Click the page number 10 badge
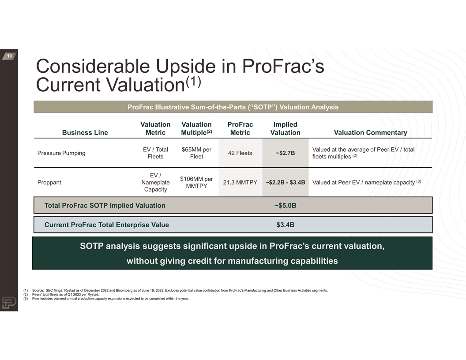tap(9, 56)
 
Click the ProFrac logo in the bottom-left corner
tap(9, 303)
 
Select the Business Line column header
tap(85, 132)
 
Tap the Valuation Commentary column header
tap(370, 132)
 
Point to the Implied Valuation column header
tap(286, 128)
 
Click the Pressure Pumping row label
tap(61, 153)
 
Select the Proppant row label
tap(49, 182)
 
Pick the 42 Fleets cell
tap(240, 153)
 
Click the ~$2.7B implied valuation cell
tap(286, 153)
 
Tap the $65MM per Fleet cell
tap(196, 153)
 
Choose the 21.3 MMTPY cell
tap(240, 182)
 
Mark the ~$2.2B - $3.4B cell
tap(286, 182)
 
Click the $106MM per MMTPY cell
tap(196, 182)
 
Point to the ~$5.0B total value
tap(286, 206)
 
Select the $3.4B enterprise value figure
tap(286, 225)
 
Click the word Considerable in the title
tap(93, 66)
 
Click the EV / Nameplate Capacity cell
tap(155, 182)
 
